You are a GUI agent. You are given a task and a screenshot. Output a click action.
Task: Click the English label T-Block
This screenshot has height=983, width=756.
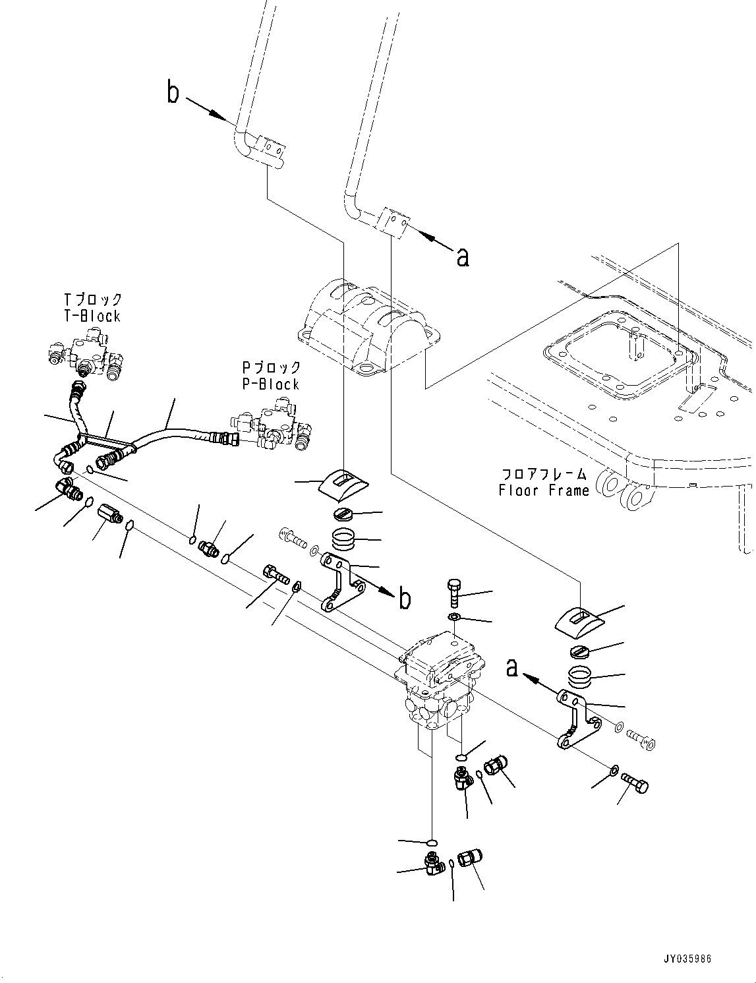(x=92, y=316)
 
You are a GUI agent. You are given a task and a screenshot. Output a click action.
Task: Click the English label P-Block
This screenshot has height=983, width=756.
(x=270, y=384)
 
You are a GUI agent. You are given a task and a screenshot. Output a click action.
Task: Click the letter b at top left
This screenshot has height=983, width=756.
(x=173, y=94)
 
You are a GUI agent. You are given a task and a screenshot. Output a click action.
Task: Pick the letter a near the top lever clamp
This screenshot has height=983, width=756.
(x=463, y=256)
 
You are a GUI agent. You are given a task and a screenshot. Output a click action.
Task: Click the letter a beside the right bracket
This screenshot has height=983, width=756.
(x=511, y=668)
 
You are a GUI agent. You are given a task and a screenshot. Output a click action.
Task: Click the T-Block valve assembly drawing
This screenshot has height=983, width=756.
(x=86, y=353)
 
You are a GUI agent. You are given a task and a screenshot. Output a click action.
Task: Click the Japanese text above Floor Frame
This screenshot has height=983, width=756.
(x=544, y=473)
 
